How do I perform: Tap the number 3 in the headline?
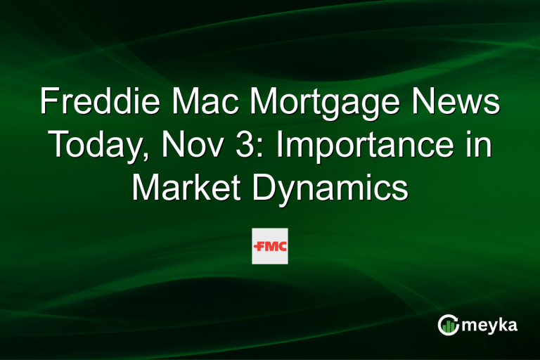(236, 146)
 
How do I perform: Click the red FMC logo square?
(270, 246)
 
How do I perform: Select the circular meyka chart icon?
(448, 324)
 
